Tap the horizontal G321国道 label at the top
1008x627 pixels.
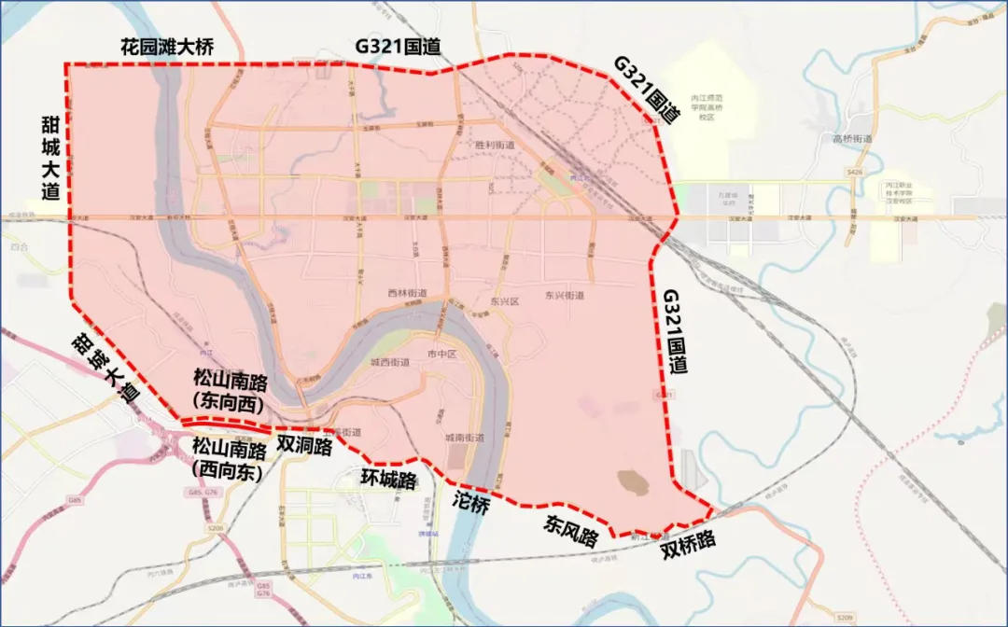(398, 47)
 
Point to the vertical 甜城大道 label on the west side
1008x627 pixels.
(50, 157)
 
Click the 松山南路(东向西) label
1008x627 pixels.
(228, 390)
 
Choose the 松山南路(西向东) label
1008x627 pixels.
(228, 458)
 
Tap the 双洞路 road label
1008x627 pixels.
(304, 446)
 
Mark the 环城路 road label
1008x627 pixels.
(387, 479)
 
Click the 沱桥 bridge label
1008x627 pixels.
(470, 505)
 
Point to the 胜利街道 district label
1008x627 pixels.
(495, 146)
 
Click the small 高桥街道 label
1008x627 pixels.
(851, 139)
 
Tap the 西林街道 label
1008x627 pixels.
(406, 293)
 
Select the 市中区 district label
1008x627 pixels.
(440, 355)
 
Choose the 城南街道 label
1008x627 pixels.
(464, 438)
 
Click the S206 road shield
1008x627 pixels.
(216, 529)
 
